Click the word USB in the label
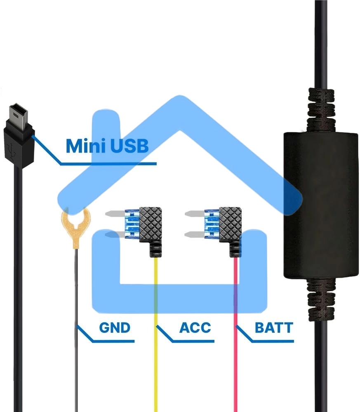click(128, 146)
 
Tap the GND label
click(115, 328)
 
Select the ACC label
click(195, 328)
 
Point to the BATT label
click(274, 328)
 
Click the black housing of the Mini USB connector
click(17, 142)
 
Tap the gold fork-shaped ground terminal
click(75, 227)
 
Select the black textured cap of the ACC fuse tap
click(151, 223)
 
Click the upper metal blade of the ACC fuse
click(113, 214)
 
